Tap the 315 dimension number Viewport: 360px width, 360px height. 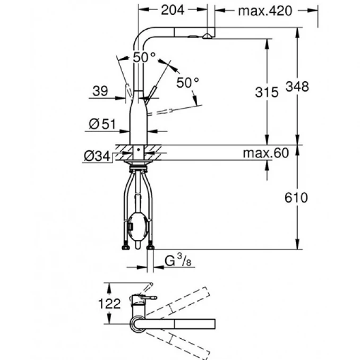[267, 92]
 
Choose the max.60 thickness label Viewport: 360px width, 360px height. [265, 154]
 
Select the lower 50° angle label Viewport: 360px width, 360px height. [186, 82]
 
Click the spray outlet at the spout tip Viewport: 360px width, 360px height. [207, 36]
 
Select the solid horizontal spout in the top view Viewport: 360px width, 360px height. [181, 324]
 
